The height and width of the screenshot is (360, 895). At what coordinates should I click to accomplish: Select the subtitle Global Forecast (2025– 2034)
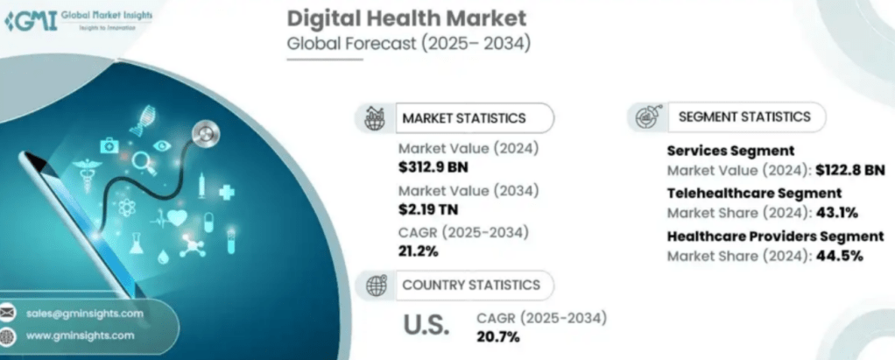pos(409,43)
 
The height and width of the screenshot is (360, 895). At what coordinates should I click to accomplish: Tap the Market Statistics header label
pos(463,117)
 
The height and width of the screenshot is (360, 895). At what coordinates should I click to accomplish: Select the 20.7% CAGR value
pos(498,335)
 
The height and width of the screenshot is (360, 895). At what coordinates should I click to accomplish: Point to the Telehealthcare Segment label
pos(753,193)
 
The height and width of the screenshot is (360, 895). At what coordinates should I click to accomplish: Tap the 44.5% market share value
pos(838,256)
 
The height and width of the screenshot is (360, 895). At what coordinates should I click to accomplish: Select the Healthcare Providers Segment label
pos(775,236)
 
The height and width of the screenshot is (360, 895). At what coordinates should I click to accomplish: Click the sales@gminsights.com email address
pos(85,313)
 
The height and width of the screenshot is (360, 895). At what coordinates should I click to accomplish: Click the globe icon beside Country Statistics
pos(377,285)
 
